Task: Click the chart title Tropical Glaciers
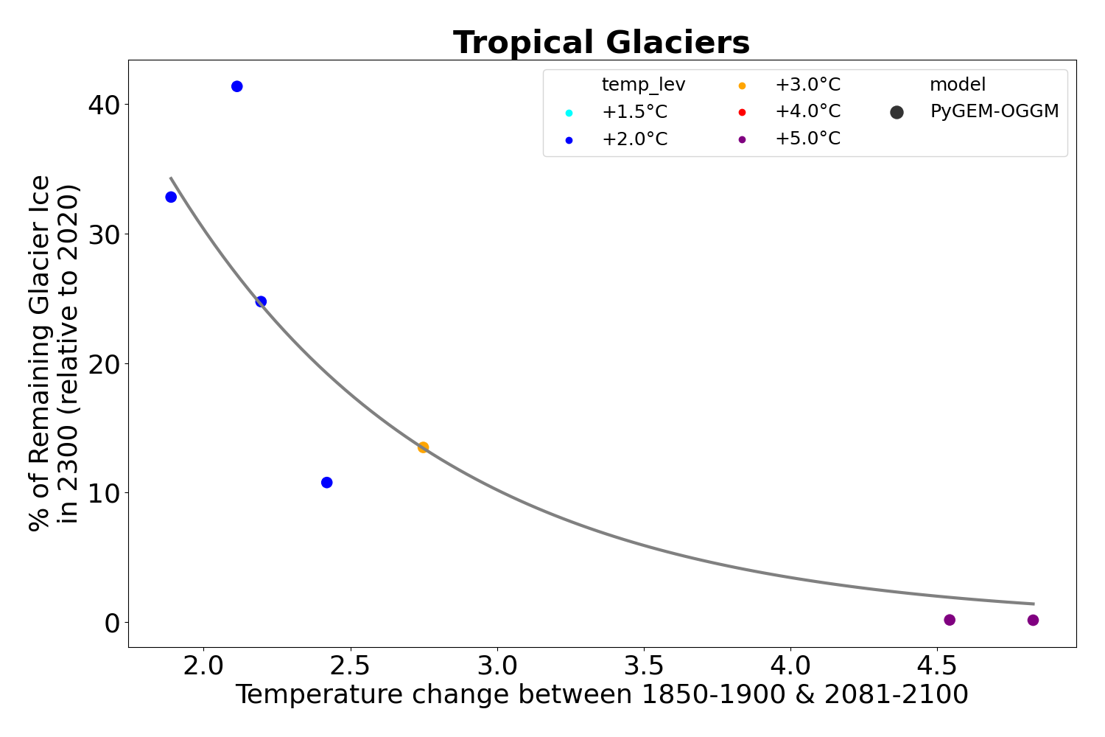click(x=601, y=43)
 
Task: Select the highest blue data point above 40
click(x=236, y=86)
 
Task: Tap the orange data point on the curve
click(x=423, y=447)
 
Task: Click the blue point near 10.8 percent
click(x=326, y=483)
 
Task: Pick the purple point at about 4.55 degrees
click(x=950, y=620)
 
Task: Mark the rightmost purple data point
click(x=1033, y=620)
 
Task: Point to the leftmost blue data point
click(x=171, y=197)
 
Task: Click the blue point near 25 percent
click(x=261, y=301)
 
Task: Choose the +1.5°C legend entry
click(x=634, y=113)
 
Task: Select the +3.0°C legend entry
click(x=807, y=85)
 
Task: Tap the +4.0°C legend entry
click(x=807, y=112)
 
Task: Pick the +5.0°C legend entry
click(x=807, y=139)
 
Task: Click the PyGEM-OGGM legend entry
click(x=994, y=112)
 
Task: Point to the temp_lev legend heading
click(x=643, y=85)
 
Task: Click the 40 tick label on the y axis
click(x=103, y=105)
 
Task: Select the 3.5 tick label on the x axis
click(x=644, y=666)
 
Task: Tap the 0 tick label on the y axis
click(x=112, y=623)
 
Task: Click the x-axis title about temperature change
click(x=601, y=695)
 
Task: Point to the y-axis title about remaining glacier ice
click(x=54, y=353)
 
